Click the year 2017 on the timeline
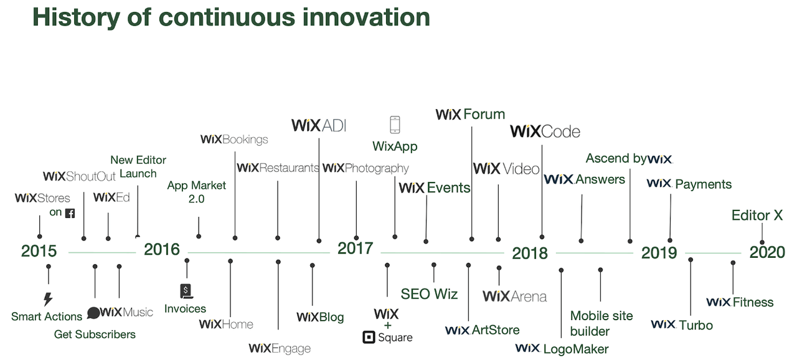point(355,249)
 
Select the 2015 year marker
point(39,251)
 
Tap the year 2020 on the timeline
point(767,252)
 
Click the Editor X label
point(757,216)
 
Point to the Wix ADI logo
point(319,125)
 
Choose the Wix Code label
point(545,131)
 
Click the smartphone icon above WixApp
point(395,125)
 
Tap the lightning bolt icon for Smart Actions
point(48,299)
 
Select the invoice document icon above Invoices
point(186,290)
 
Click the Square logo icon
point(368,338)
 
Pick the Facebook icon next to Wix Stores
point(70,213)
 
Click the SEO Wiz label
point(429,294)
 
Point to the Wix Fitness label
point(740,302)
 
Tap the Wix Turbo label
point(682,324)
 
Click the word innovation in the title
point(367,17)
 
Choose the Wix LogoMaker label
point(562,348)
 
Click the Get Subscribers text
point(95,334)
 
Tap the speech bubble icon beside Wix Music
point(93,313)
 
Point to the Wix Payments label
point(689,184)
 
